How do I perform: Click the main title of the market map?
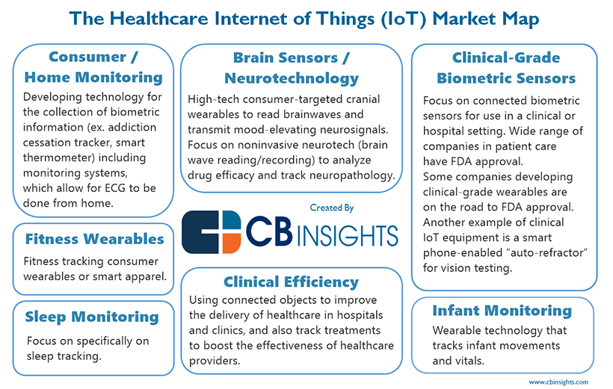(304, 19)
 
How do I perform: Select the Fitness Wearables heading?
(95, 239)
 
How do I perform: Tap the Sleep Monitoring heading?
(92, 317)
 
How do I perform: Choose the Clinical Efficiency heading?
(292, 282)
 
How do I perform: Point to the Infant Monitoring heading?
(502, 311)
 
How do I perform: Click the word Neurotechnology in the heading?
(292, 78)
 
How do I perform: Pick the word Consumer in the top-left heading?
(87, 57)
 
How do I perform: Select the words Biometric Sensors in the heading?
(506, 78)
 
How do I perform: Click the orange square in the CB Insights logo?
(232, 243)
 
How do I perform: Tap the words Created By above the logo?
(331, 208)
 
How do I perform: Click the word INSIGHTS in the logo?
(348, 235)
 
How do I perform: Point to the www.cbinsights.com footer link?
(558, 382)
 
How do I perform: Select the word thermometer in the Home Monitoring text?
(58, 158)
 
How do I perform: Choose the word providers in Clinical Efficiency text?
(215, 361)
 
